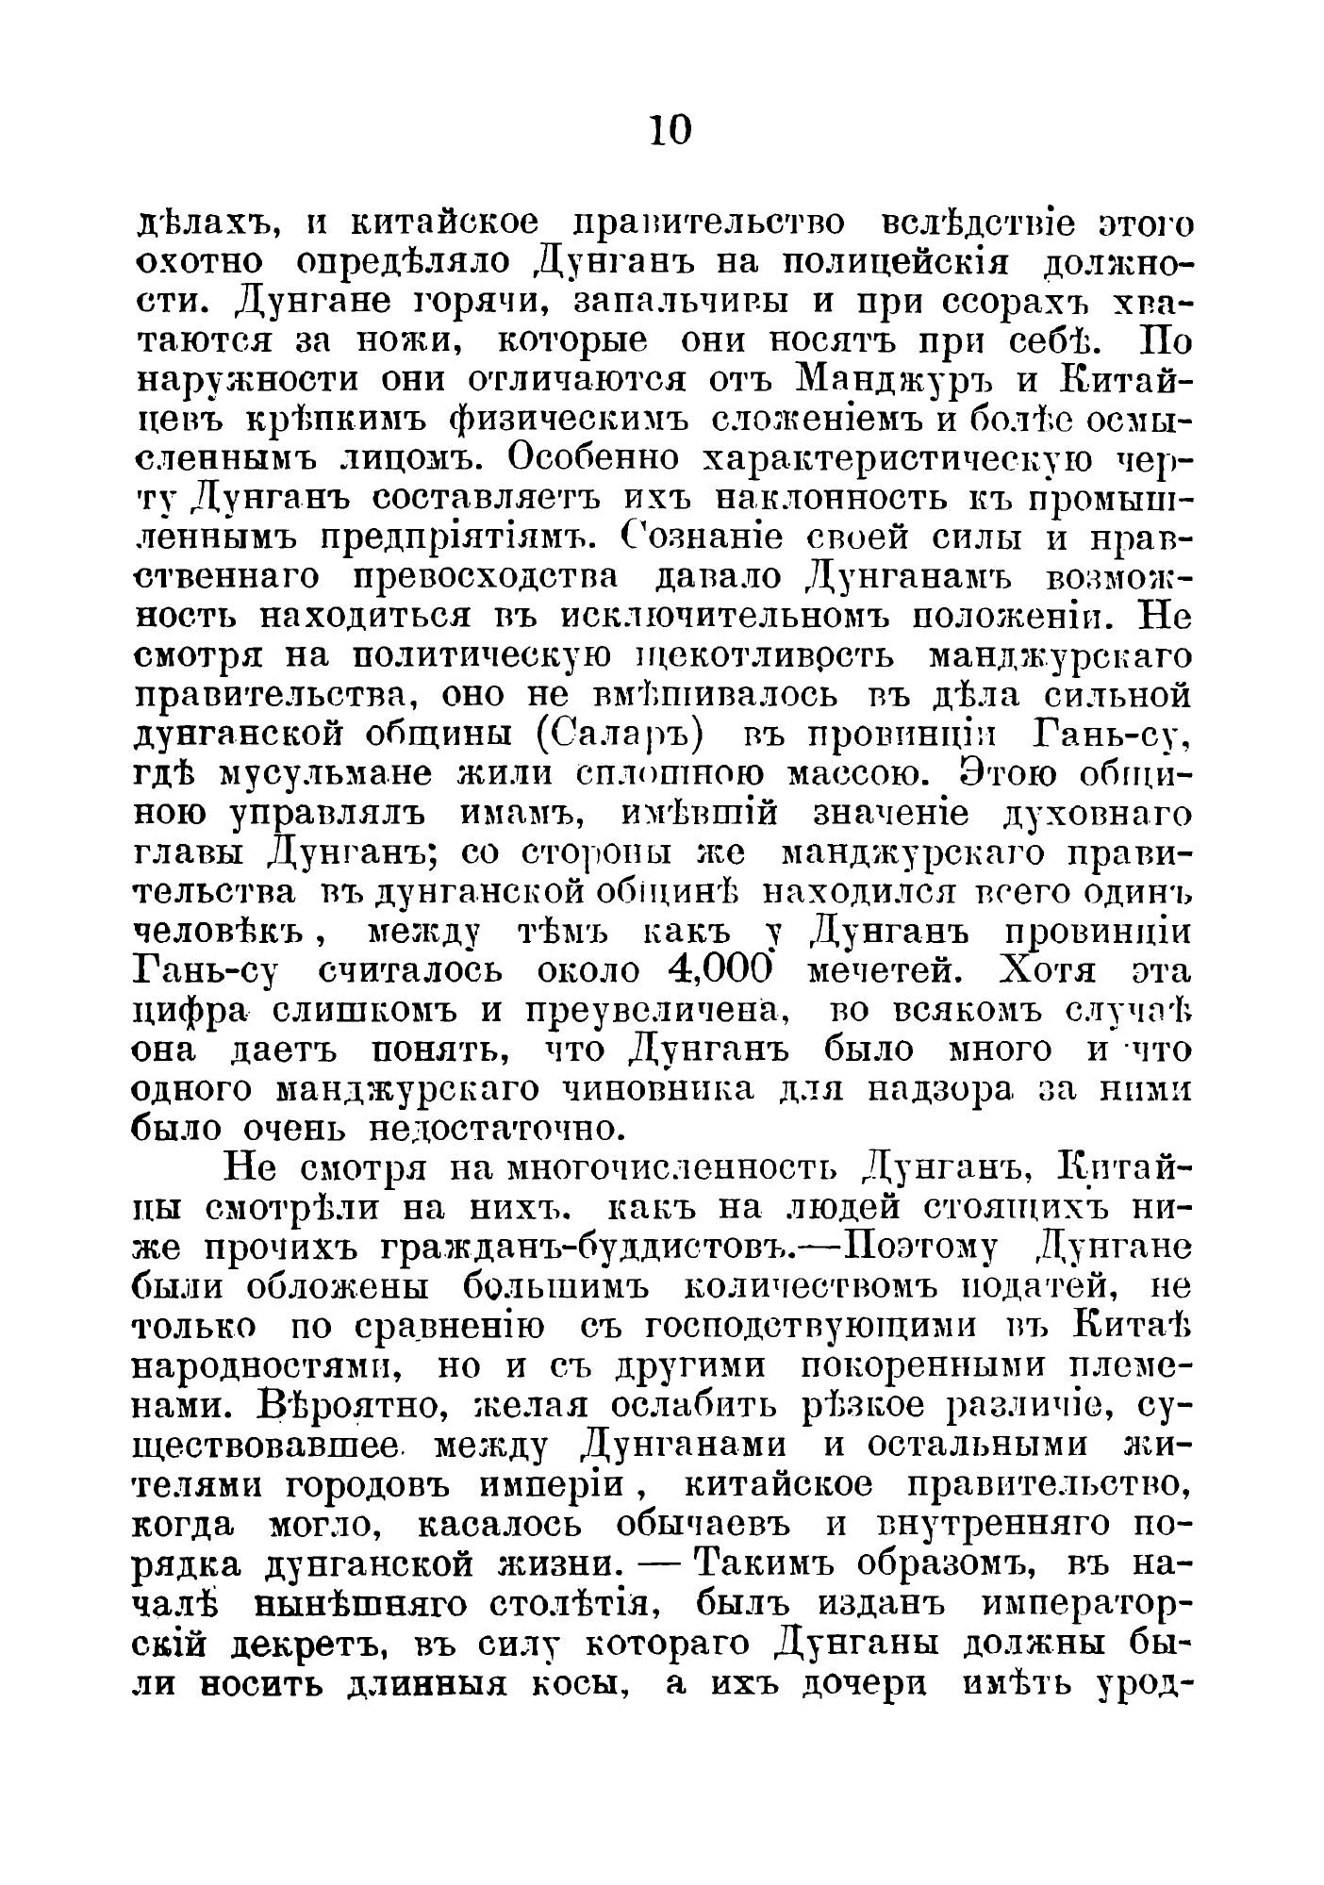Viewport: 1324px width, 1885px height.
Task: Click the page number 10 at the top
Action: pos(670,130)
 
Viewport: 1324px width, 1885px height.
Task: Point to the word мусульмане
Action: pos(323,774)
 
